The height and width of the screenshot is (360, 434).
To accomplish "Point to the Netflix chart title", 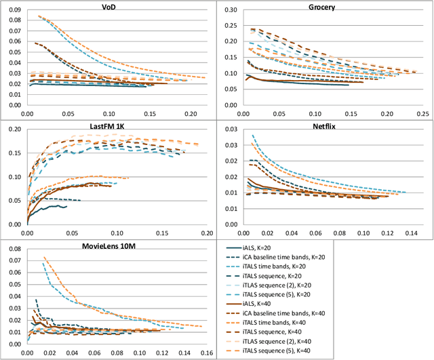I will click(x=325, y=127).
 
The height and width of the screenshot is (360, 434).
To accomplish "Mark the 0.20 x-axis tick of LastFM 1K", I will click(x=206, y=233).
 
